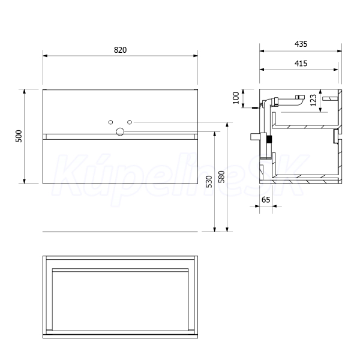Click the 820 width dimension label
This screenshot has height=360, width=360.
(121, 50)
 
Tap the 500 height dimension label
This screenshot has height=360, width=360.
(19, 136)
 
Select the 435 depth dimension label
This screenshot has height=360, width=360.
(301, 44)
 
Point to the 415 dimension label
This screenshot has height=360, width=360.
(301, 64)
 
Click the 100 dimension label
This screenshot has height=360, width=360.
(236, 98)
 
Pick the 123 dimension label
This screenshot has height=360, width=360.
(313, 100)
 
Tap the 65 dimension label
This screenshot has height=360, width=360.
(266, 200)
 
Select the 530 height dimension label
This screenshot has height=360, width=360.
(209, 181)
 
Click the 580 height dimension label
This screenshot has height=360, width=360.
(221, 176)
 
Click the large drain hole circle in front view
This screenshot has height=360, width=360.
(120, 132)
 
